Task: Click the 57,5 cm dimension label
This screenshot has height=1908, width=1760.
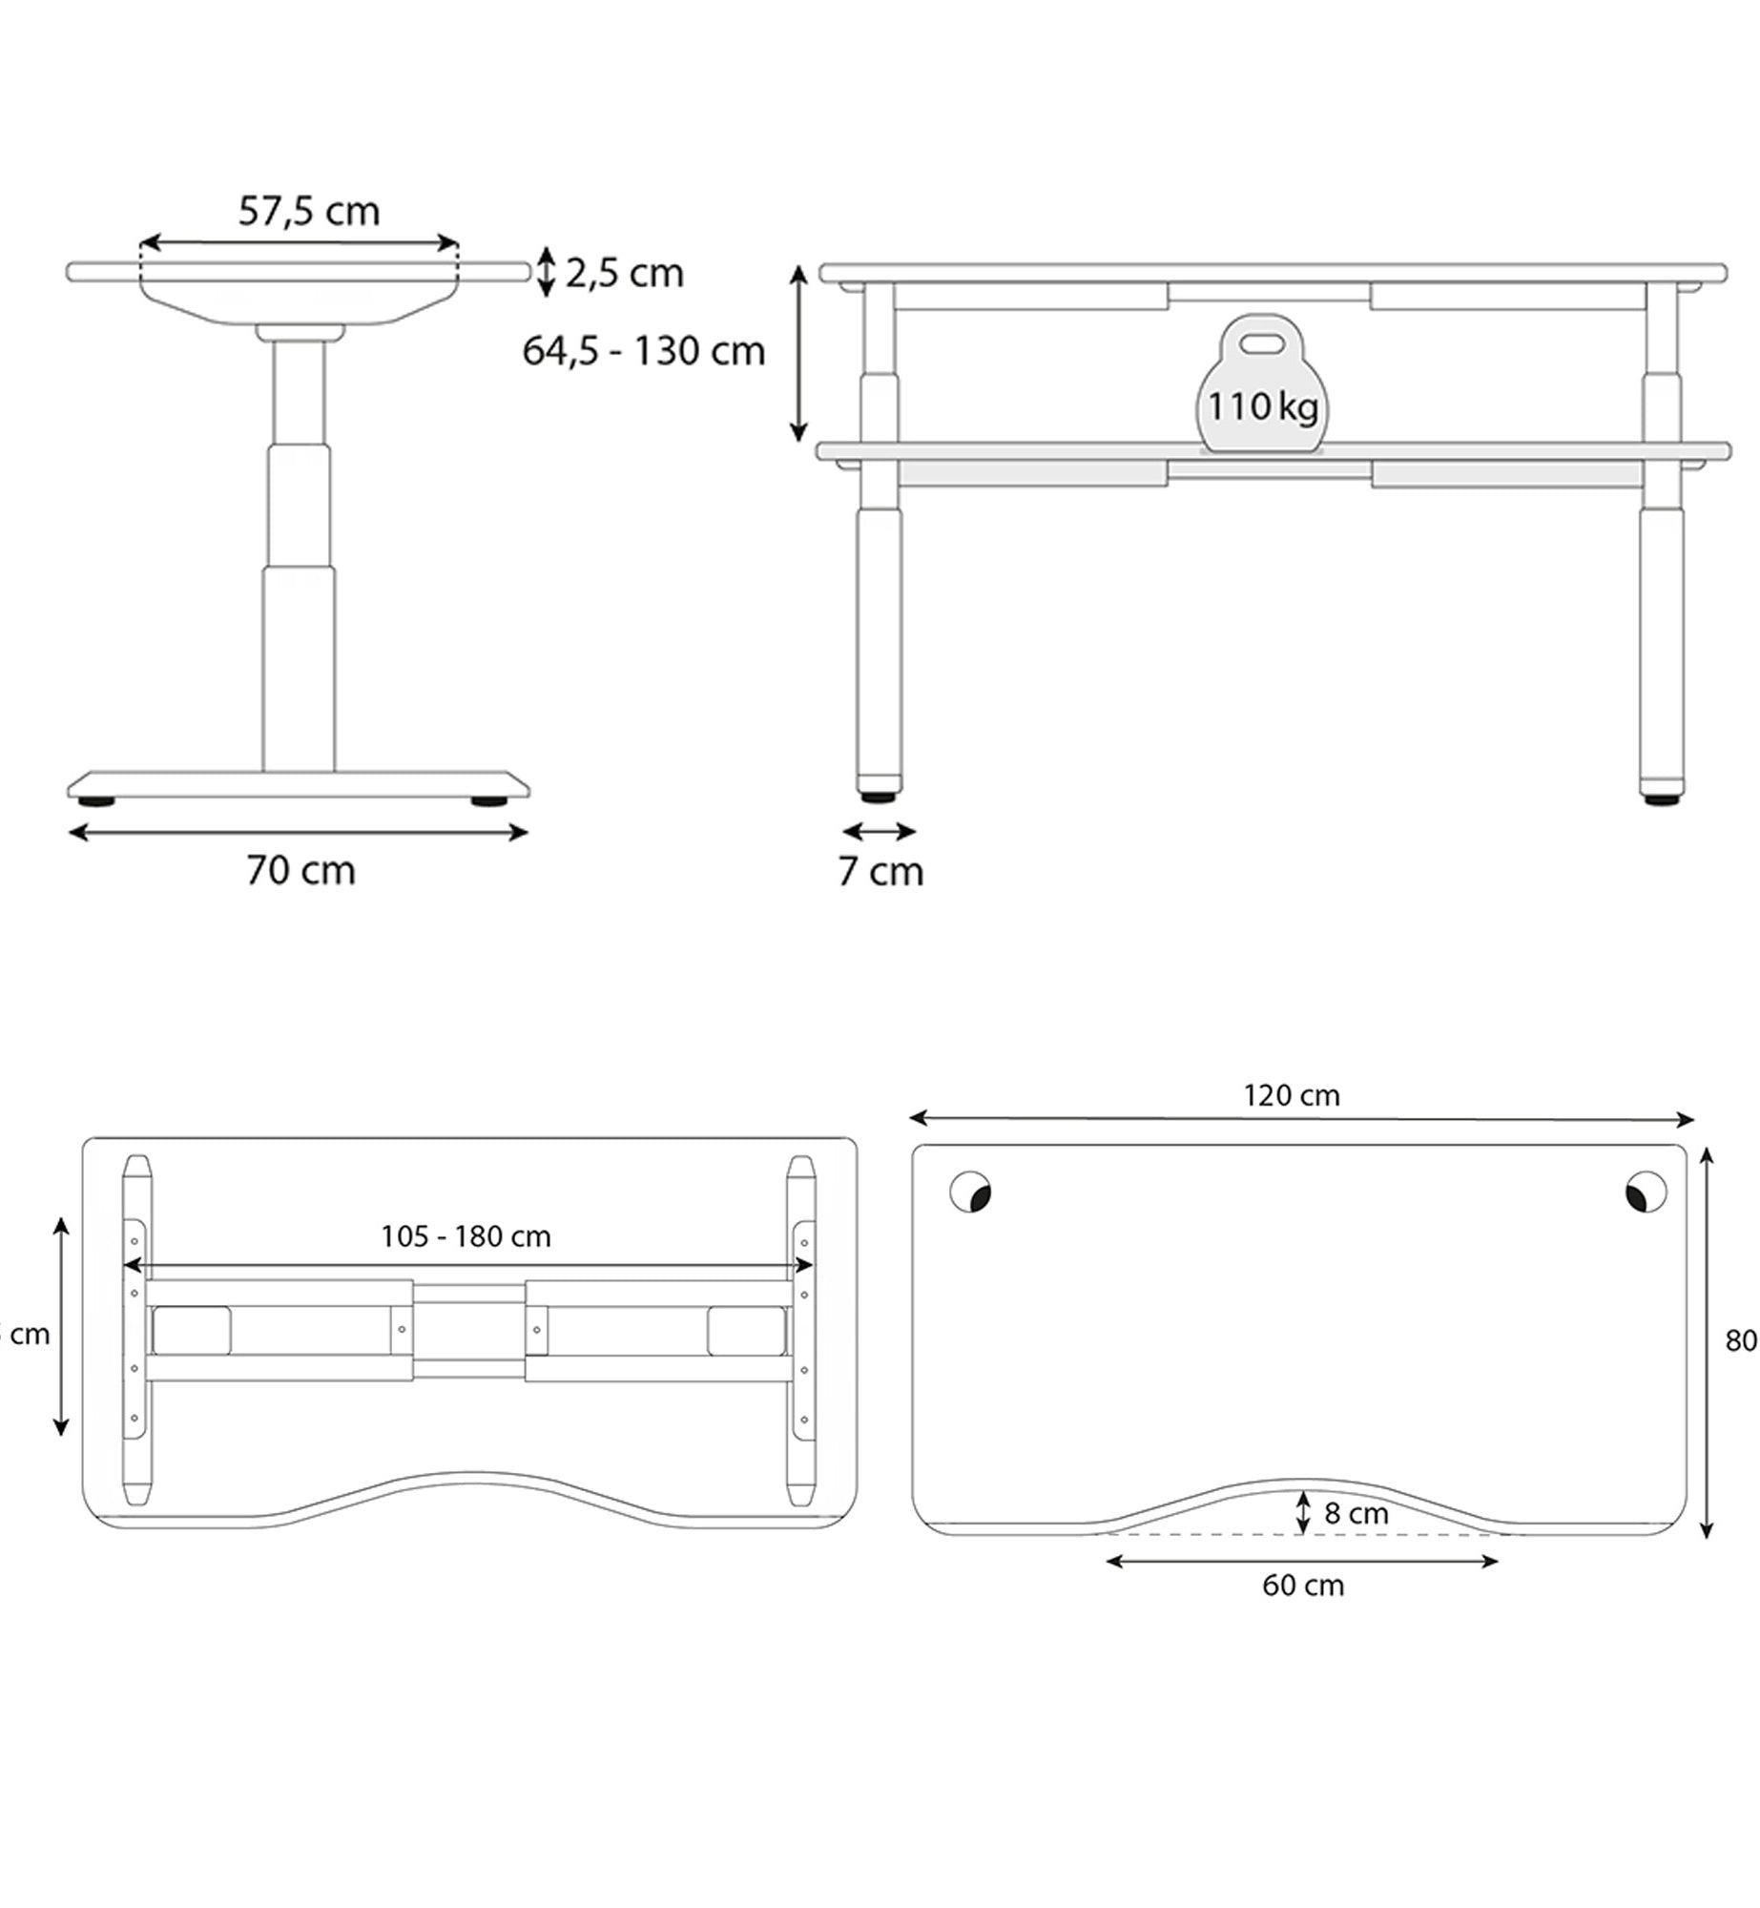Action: [x=309, y=211]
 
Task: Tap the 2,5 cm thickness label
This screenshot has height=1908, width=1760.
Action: [x=625, y=274]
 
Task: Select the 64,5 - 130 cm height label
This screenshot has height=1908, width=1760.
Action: [x=644, y=351]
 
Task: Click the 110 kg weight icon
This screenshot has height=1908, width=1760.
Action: [x=1262, y=386]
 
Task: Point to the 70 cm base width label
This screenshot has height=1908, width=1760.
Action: [x=301, y=870]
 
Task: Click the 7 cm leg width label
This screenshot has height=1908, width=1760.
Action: [x=880, y=871]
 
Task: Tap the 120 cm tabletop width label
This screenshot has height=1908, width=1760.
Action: [x=1291, y=1095]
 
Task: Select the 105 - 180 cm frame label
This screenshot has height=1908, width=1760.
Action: [x=466, y=1236]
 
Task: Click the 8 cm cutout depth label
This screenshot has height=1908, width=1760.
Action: [x=1356, y=1512]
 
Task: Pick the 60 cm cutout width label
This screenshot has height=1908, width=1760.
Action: [x=1303, y=1585]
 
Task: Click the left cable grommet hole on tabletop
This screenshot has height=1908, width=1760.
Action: [x=971, y=1192]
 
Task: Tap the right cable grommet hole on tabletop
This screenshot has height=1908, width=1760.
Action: [x=1646, y=1192]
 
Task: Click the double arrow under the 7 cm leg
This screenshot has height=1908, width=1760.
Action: [x=880, y=832]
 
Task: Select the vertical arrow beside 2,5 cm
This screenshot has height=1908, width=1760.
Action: [x=547, y=272]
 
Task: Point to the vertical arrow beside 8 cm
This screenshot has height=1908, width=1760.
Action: [x=1303, y=1512]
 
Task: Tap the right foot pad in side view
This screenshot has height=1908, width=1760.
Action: [x=488, y=801]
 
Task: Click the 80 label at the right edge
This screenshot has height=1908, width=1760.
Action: [x=1741, y=1340]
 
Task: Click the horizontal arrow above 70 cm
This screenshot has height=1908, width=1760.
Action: [x=299, y=833]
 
